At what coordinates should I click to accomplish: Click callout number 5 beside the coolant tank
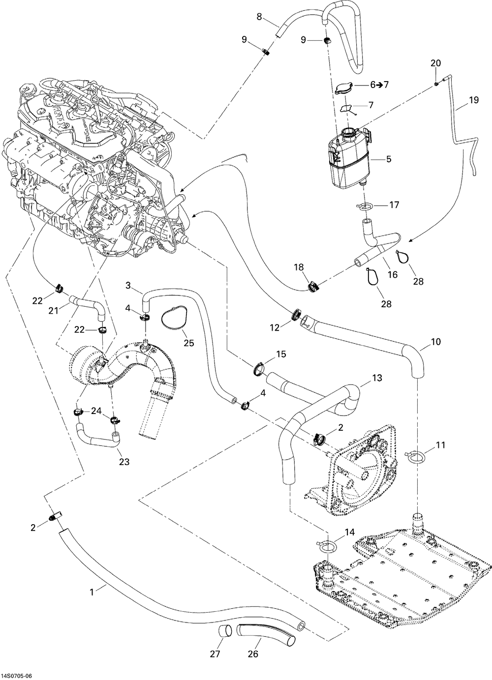point(389,159)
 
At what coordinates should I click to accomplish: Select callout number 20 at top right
point(436,63)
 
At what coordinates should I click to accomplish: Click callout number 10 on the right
point(436,341)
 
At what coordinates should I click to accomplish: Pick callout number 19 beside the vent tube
point(473,100)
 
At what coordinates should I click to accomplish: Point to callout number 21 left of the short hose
point(53,310)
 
